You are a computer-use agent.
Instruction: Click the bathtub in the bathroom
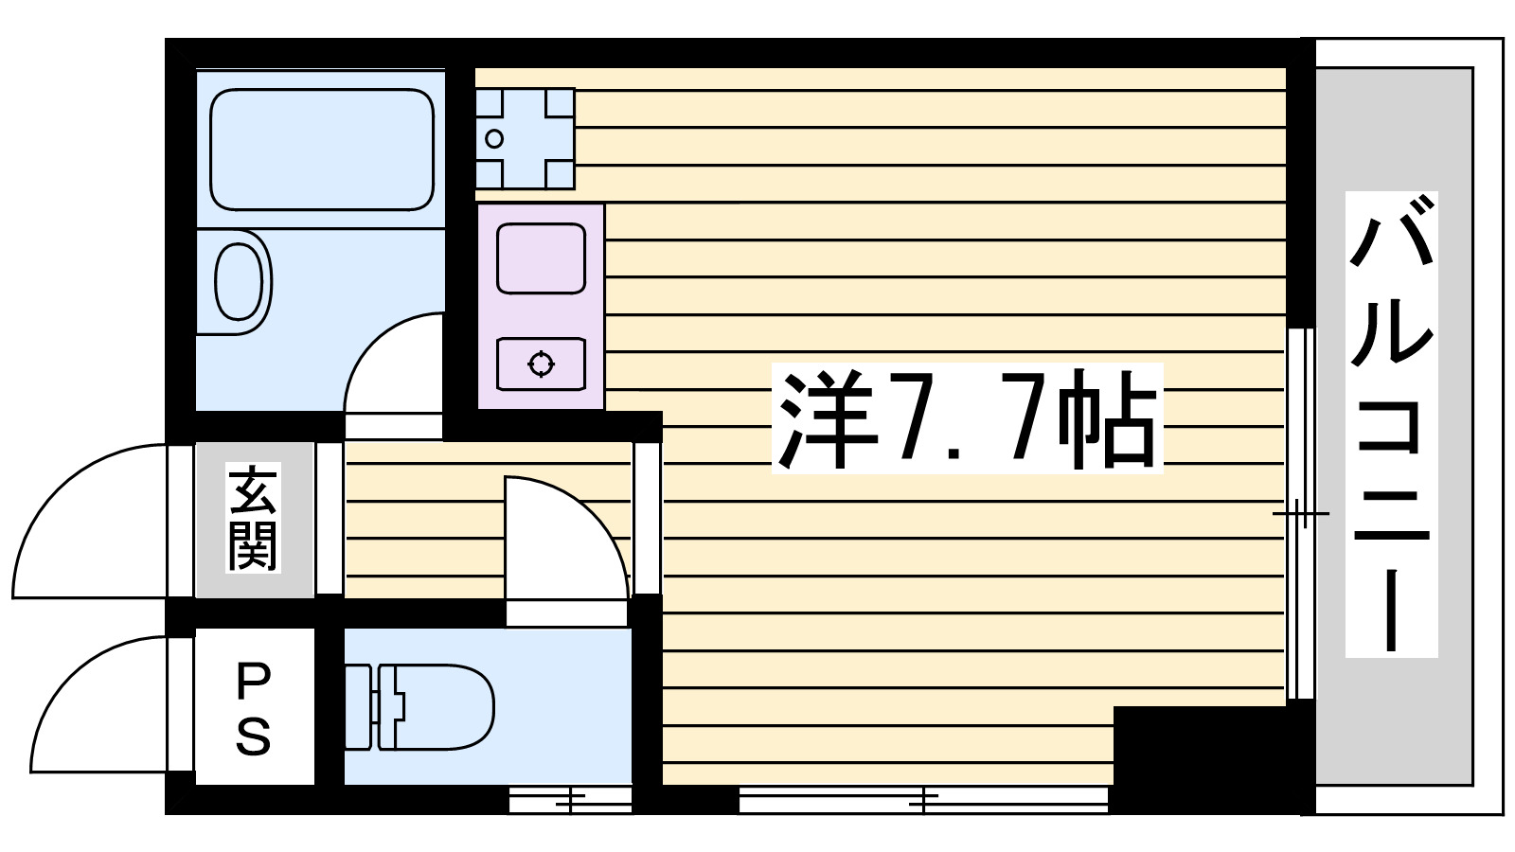click(x=321, y=149)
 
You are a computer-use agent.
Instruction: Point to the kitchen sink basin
click(x=541, y=257)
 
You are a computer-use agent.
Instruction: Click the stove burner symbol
click(x=541, y=363)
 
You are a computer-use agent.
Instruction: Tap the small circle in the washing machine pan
click(x=493, y=139)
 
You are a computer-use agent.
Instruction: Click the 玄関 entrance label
click(x=253, y=519)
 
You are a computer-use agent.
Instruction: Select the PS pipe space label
click(x=253, y=707)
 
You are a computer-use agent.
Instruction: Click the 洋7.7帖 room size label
click(x=967, y=418)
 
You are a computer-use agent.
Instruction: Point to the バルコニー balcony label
click(x=1391, y=423)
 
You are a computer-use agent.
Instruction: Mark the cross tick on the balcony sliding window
click(x=1301, y=514)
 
